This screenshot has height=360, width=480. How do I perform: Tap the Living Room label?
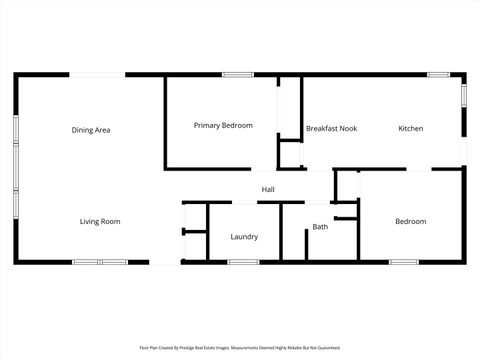100,221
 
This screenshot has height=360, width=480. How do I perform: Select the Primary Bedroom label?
223,125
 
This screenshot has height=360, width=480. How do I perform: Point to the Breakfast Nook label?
331,129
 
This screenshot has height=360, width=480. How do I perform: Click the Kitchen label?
411,129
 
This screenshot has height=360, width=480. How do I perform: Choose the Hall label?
268,189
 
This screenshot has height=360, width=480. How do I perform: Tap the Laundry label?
244,237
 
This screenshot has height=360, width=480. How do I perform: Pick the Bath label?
320,227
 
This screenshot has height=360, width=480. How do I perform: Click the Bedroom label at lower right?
410,221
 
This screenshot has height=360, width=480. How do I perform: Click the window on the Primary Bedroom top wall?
237,74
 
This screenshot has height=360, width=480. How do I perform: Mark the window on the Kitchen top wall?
437,74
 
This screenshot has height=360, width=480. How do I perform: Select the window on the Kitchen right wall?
464,93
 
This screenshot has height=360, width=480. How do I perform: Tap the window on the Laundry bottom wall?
243,262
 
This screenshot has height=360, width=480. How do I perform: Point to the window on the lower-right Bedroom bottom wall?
403,262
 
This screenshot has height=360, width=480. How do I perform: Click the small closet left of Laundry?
194,233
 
